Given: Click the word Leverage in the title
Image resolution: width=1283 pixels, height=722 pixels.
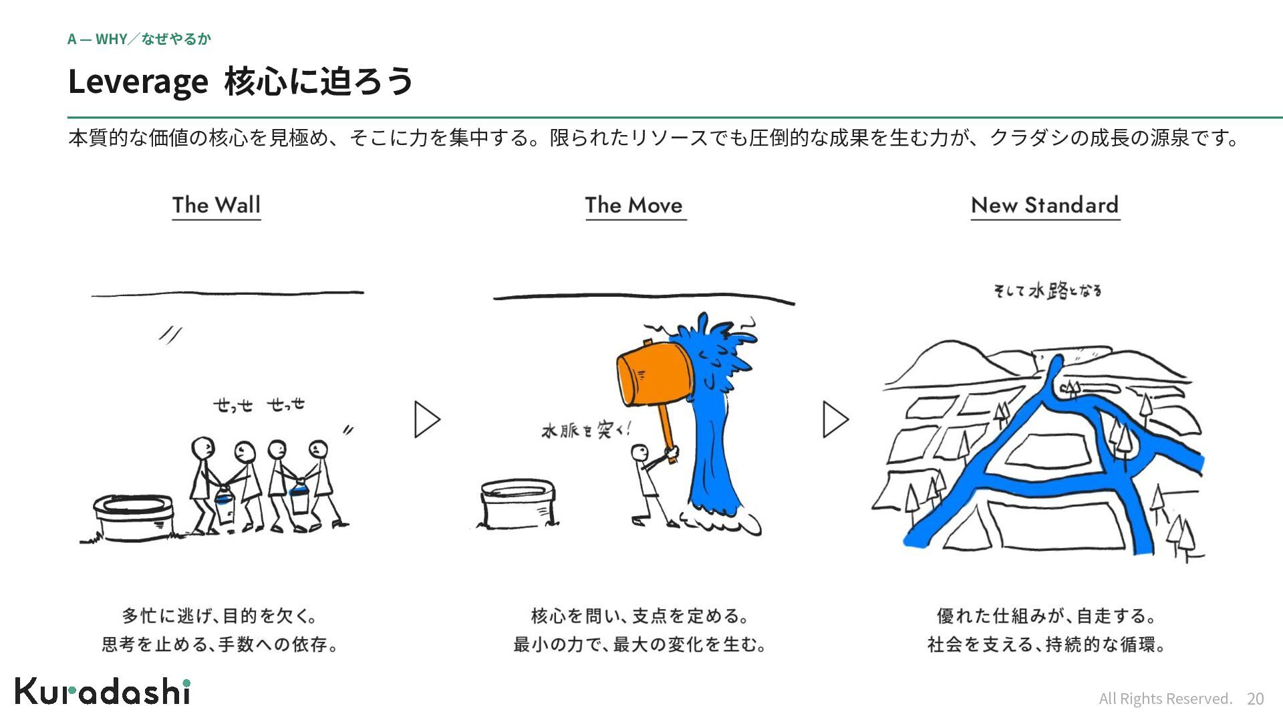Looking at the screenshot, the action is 138,82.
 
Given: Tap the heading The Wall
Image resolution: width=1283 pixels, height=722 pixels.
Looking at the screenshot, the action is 217,205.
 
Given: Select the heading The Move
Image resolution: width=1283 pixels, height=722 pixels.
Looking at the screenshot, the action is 634,205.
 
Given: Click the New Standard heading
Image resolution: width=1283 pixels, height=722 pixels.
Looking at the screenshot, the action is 1044,205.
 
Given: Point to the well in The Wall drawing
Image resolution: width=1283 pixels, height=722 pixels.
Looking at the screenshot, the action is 133,517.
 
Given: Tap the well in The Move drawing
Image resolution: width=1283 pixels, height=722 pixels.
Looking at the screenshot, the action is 518,503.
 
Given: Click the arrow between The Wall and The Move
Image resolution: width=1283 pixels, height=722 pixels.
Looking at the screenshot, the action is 427,419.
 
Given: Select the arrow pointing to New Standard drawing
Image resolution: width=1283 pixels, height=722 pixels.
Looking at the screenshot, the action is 835,419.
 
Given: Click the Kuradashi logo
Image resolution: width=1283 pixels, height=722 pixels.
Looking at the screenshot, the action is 103,691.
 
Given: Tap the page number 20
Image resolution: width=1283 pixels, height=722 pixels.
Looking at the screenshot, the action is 1255,699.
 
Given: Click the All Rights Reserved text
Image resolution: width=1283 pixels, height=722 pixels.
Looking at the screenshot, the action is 1165,699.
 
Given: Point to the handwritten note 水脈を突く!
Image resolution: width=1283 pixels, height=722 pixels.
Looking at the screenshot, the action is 585,429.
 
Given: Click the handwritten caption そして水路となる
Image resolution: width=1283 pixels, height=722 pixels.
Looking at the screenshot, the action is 1047,291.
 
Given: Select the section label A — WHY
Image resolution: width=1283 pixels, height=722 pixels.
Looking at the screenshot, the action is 97,39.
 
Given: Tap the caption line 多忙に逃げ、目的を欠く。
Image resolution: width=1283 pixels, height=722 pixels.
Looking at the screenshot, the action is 220,615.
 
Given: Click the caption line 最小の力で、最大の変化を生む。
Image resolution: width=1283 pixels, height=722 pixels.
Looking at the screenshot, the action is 639,644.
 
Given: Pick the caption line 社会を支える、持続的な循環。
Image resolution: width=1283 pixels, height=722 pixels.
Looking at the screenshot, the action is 1046,644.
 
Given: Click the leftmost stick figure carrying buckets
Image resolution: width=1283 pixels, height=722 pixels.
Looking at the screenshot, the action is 204,485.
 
